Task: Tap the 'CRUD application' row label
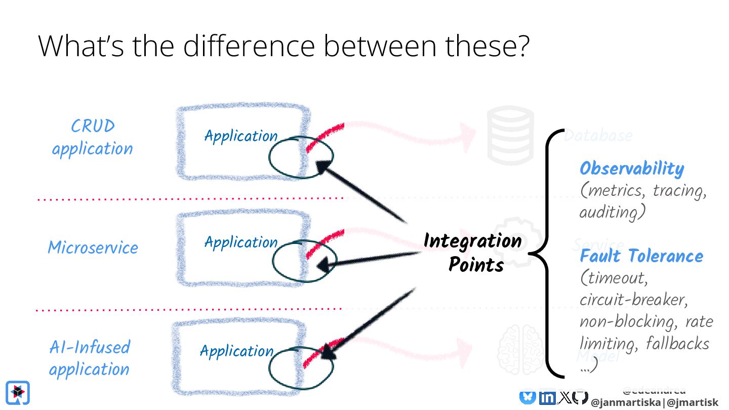coord(93,137)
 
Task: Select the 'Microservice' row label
coord(93,248)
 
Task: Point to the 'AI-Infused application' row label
coord(90,358)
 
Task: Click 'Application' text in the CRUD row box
coord(241,136)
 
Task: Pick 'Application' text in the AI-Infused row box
coord(236,351)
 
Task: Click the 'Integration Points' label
coord(473,252)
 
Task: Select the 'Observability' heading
coord(631,169)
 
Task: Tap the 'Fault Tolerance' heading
coord(641,256)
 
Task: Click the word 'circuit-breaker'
coord(633,300)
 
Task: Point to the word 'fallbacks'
coord(677,344)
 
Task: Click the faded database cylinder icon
coord(510,134)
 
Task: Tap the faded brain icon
coord(520,349)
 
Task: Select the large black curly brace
coord(548,253)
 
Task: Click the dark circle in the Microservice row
coord(304,261)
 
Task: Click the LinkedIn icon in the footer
coord(547,398)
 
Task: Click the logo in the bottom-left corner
coord(17,392)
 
